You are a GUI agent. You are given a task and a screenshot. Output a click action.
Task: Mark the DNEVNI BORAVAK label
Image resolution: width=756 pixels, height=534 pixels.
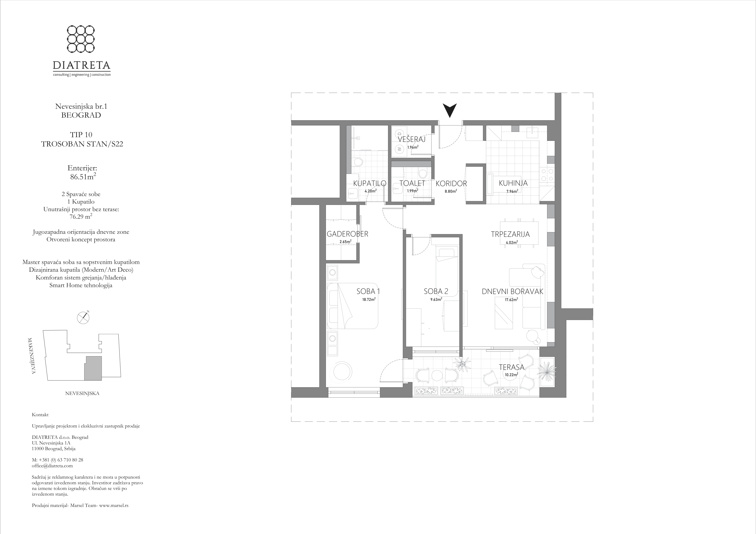coord(512,291)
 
